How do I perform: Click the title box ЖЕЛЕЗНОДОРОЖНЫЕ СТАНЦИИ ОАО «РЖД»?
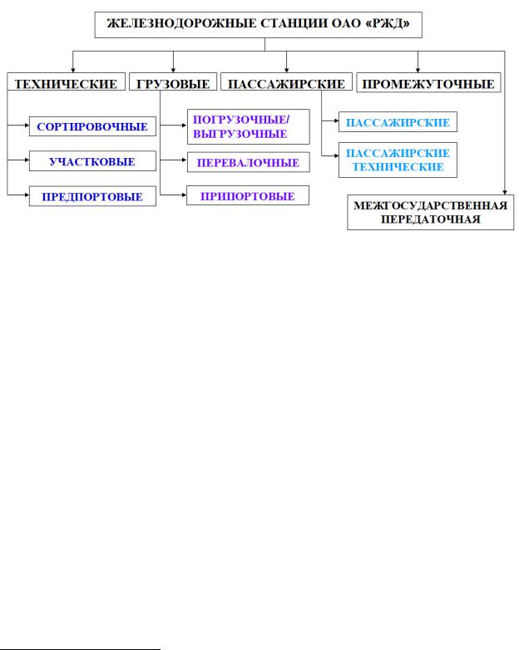[x=259, y=26]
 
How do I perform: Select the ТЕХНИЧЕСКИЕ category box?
[x=66, y=84]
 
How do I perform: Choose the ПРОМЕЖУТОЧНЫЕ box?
[x=428, y=84]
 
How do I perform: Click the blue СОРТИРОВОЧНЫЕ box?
[x=92, y=128]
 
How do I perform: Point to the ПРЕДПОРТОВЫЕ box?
[x=92, y=196]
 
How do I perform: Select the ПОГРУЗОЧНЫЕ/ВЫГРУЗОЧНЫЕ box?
[x=239, y=127]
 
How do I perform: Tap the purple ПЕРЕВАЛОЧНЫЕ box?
[x=249, y=162]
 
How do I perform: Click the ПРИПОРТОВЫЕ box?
[x=249, y=196]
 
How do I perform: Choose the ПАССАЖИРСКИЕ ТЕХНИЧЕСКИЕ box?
[x=397, y=160]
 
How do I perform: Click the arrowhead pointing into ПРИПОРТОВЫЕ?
[x=183, y=196]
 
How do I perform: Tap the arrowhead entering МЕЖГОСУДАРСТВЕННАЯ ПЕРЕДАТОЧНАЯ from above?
[x=505, y=192]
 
